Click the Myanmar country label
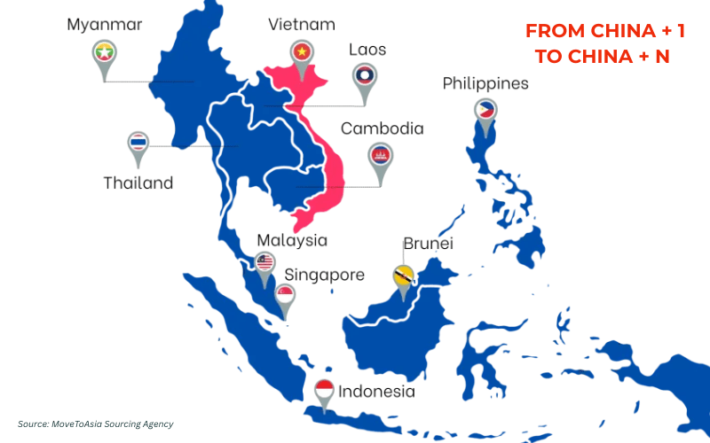click(x=105, y=24)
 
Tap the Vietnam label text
click(x=302, y=24)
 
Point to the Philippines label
click(x=485, y=84)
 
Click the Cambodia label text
click(x=383, y=128)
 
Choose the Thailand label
click(x=138, y=183)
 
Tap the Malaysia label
click(x=292, y=240)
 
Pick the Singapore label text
click(x=323, y=275)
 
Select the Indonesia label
click(x=376, y=391)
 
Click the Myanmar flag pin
click(x=105, y=54)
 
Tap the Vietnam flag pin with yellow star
click(x=302, y=52)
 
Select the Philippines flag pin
click(x=486, y=112)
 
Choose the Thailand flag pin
click(x=138, y=144)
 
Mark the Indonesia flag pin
click(x=325, y=391)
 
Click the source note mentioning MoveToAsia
click(x=95, y=424)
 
